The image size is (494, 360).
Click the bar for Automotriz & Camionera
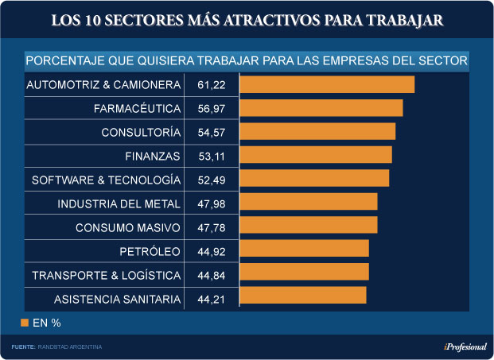pos(327,84)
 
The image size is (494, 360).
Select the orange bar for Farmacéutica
pos(321,108)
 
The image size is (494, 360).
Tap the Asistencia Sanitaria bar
pos(302,296)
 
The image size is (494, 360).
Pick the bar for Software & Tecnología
pos(314,178)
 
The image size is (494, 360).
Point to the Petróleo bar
pos(304,249)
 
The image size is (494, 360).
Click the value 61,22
pos(212,84)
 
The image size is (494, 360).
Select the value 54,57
pos(212,132)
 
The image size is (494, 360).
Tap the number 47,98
pos(212,204)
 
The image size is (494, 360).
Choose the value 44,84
pos(212,276)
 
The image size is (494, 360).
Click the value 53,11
pos(212,156)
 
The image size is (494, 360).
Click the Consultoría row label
pos(141,132)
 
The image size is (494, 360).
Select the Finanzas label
pos(153,156)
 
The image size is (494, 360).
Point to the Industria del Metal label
pos(119,204)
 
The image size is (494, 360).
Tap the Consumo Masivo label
pos(128,228)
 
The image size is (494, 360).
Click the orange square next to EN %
pos(24,323)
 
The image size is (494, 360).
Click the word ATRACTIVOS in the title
pos(267,20)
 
